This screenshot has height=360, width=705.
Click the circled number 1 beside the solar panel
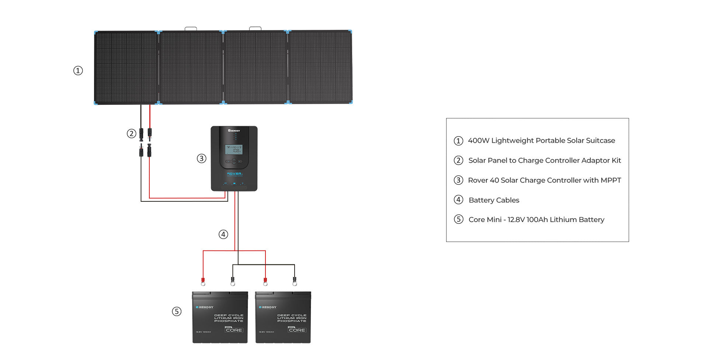[x=78, y=70]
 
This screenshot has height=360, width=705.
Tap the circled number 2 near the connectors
[x=131, y=134]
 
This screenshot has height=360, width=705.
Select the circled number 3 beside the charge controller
[x=201, y=159]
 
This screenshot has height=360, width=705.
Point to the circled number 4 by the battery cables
[x=223, y=234]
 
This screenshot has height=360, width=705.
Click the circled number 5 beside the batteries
[x=177, y=312]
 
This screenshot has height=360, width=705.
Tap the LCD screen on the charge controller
[x=234, y=149]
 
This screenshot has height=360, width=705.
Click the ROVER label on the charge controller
[x=234, y=173]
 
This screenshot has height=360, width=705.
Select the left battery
[x=220, y=318]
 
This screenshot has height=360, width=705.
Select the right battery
[x=283, y=318]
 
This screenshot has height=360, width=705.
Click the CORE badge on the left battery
[x=234, y=330]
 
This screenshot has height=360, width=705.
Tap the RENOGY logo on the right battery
[x=268, y=307]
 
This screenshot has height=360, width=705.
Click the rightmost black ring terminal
[x=295, y=283]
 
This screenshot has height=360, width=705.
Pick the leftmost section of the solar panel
[x=126, y=67]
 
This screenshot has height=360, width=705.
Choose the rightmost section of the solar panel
[x=320, y=67]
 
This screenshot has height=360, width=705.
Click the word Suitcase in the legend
[x=600, y=141]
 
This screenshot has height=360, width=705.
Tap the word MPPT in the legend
[x=611, y=180]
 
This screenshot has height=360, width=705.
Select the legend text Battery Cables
[x=494, y=200]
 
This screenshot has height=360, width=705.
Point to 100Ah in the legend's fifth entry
[x=537, y=220]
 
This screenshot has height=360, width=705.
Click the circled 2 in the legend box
[x=458, y=160]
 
